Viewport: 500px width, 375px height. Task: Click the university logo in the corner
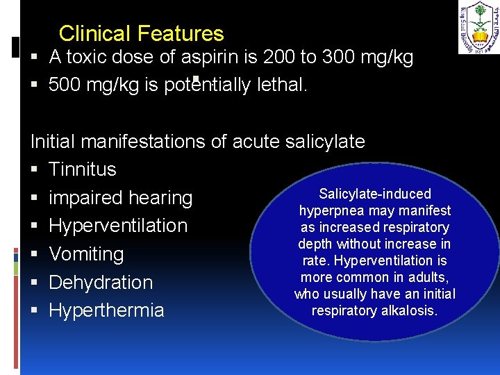click(x=478, y=27)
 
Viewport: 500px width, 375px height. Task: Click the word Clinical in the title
click(x=95, y=33)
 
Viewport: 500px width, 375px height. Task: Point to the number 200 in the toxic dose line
click(x=275, y=58)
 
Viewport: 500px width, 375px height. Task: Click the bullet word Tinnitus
click(x=83, y=169)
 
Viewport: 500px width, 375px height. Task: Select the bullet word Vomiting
click(x=86, y=254)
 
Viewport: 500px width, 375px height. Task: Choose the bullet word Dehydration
click(x=101, y=283)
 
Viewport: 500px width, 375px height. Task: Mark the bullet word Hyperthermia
click(x=106, y=310)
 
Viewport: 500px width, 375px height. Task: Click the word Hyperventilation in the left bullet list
click(x=118, y=226)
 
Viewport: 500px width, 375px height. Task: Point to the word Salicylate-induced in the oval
click(x=375, y=194)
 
